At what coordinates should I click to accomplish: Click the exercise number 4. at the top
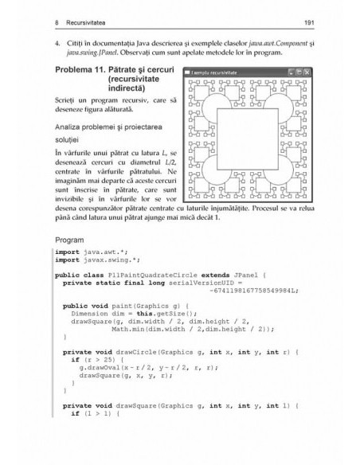[x=57, y=40]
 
